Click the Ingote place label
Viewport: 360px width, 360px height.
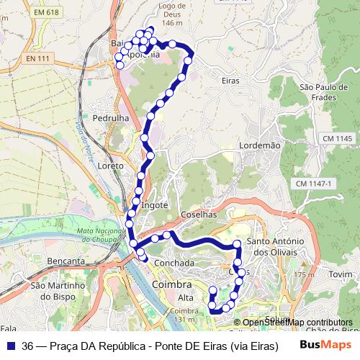(x=155, y=204)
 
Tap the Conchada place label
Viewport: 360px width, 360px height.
(x=174, y=263)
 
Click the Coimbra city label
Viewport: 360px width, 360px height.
(x=173, y=286)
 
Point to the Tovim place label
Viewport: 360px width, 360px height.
(x=341, y=275)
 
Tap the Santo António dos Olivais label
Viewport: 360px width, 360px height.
(x=276, y=246)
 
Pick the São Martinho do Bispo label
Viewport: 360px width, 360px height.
(x=59, y=290)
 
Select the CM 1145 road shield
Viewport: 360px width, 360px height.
(x=336, y=138)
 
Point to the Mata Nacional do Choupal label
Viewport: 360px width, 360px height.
(x=96, y=234)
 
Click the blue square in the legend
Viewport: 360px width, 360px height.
(x=11, y=346)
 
